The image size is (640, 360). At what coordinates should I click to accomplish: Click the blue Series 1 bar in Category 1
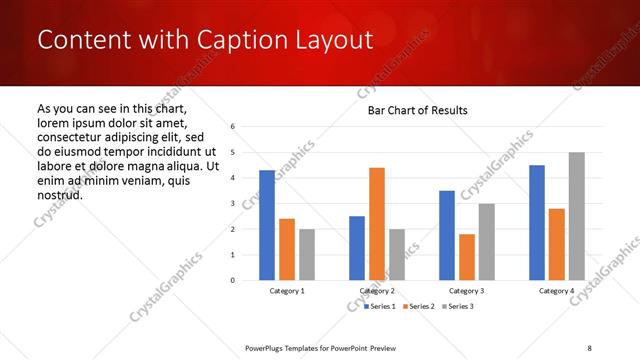pos(267,225)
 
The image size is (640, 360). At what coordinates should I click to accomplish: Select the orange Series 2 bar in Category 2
pos(377,224)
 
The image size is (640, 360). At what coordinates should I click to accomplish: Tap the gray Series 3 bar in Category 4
pos(577,216)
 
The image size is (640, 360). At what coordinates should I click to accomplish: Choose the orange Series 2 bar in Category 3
pos(467,257)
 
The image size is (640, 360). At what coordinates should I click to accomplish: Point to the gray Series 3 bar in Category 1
pos(307,254)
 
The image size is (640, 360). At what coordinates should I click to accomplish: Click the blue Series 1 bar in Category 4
pos(537,222)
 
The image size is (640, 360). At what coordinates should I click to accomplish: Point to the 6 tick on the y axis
pos(232,127)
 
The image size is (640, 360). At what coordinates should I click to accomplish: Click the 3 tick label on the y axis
pos(232,204)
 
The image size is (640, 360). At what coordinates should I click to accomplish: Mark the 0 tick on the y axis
pos(232,280)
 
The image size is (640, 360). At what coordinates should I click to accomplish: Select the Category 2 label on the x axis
pos(377,291)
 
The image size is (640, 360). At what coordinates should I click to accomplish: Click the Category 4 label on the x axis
pos(557,291)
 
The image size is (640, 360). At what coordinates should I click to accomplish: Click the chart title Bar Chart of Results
pos(418,109)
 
